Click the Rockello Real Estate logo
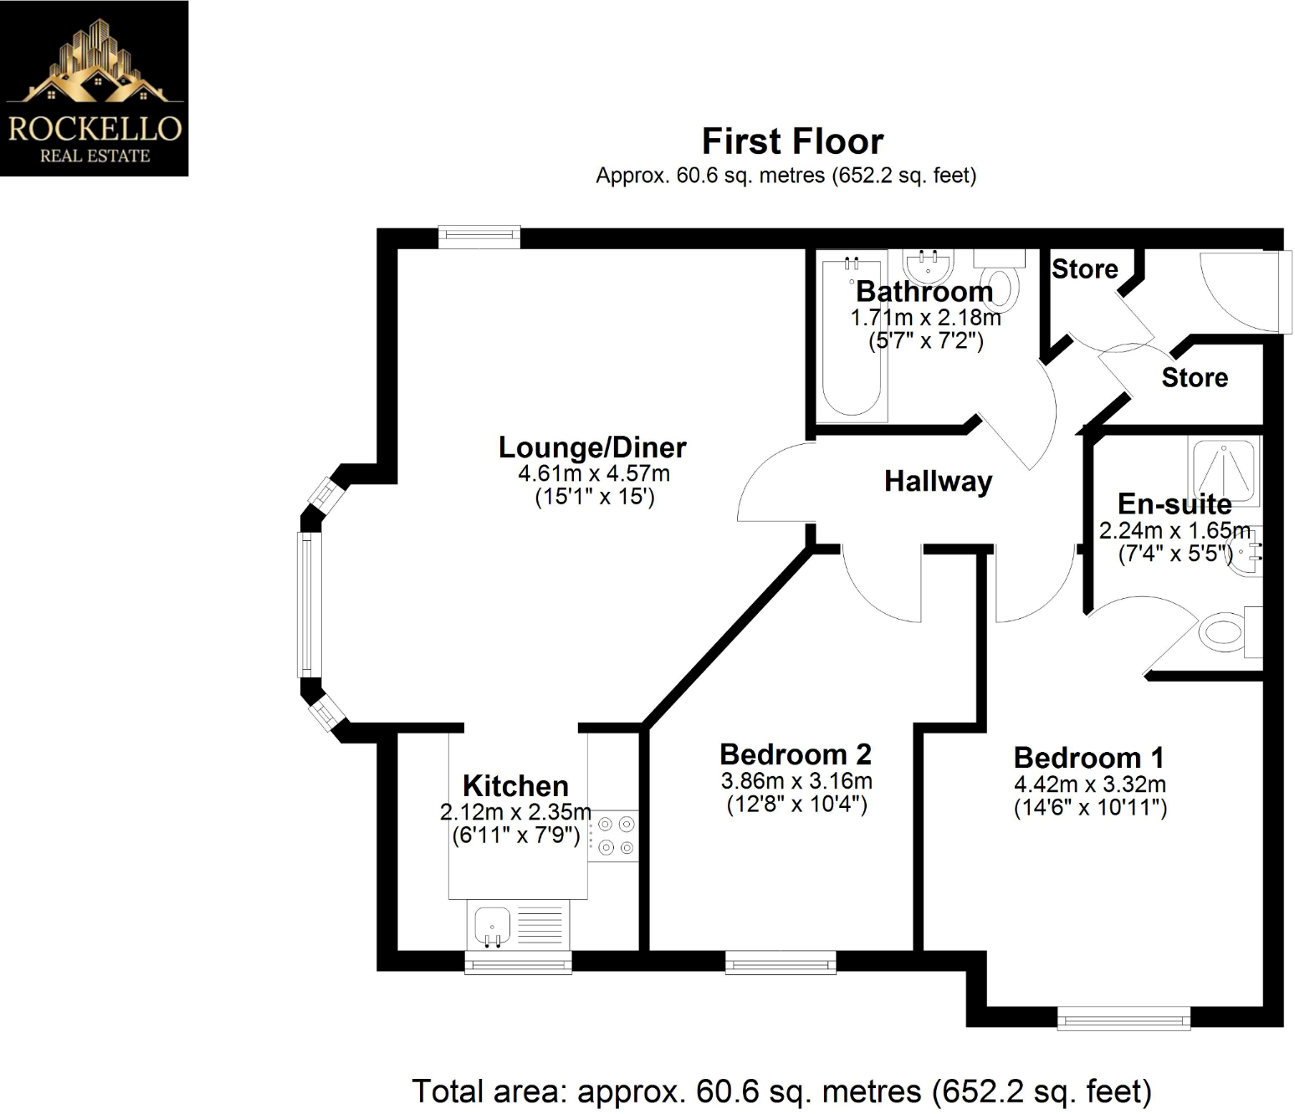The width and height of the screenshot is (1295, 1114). (94, 88)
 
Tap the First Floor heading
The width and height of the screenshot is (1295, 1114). (791, 141)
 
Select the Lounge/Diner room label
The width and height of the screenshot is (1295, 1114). (592, 447)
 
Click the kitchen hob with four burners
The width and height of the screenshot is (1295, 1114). (615, 835)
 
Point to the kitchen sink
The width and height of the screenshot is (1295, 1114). (493, 926)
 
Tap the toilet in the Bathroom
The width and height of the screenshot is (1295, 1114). (1001, 285)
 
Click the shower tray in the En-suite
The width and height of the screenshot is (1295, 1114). (1225, 472)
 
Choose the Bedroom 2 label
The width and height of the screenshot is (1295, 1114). (795, 754)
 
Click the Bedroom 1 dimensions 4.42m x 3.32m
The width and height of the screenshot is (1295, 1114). (1089, 784)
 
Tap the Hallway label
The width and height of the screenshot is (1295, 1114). (938, 481)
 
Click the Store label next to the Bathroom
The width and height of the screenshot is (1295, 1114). (1084, 269)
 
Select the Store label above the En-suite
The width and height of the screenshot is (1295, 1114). (1194, 378)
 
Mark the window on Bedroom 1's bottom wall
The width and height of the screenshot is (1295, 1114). (1124, 1018)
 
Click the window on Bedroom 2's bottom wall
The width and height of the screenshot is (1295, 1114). (780, 963)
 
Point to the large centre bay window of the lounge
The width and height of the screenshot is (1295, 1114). (310, 604)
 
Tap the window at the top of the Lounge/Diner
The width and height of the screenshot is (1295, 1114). (479, 237)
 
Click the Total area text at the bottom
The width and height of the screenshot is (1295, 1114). (781, 1091)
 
